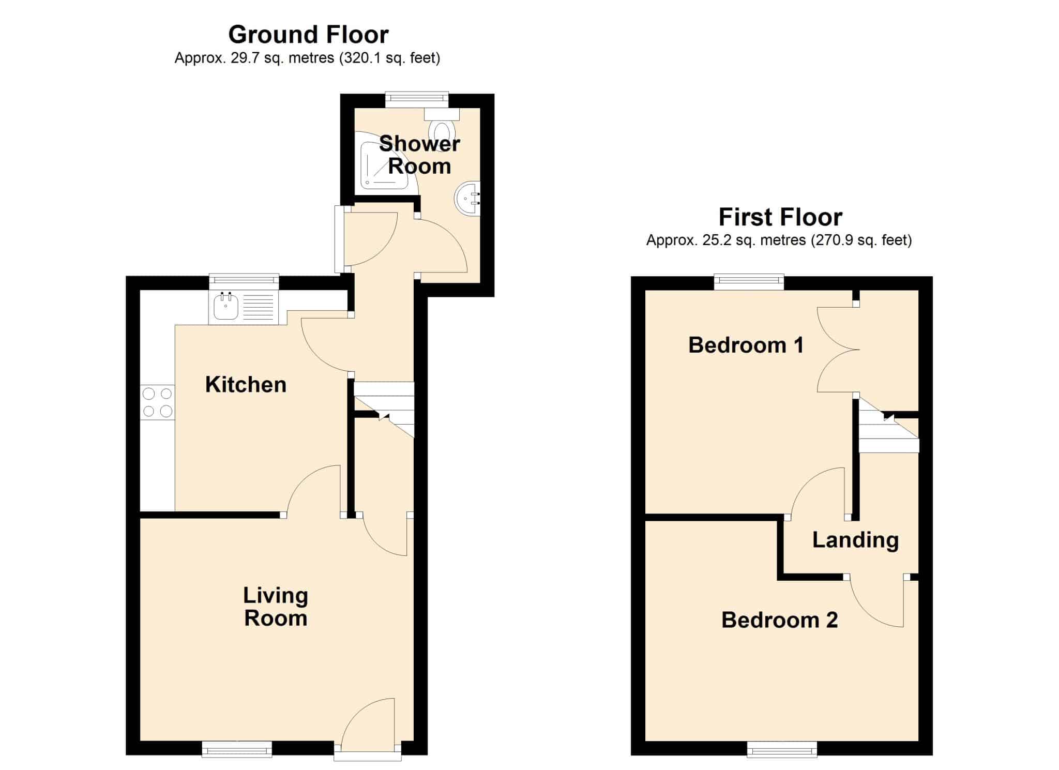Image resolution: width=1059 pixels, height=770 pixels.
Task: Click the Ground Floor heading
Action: [x=308, y=35]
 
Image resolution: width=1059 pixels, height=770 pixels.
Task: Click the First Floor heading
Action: [x=780, y=217]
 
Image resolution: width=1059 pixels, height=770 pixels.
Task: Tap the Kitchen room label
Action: [x=246, y=385]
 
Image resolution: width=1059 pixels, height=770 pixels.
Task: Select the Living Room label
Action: [x=276, y=607]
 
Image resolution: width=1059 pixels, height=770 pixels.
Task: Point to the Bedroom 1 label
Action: [x=746, y=345]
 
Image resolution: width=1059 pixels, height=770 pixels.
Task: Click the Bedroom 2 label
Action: [x=779, y=620]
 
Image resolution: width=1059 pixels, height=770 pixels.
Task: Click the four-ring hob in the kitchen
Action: [x=157, y=402]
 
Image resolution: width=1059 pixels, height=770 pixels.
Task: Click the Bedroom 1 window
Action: [x=749, y=282]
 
